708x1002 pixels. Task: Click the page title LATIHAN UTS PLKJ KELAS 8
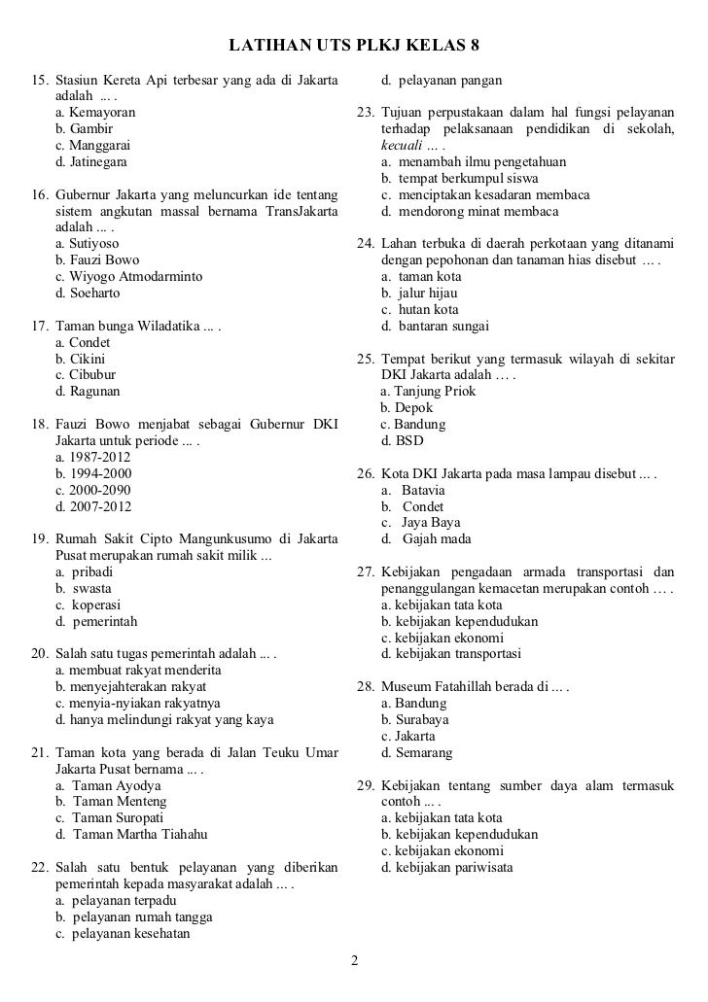point(354,46)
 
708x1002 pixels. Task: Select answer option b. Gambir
point(85,128)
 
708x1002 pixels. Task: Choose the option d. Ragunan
point(88,392)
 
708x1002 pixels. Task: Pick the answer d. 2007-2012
point(94,506)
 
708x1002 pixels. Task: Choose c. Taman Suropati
point(110,818)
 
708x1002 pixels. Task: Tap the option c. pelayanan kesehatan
point(123,934)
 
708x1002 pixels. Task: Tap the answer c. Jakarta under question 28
point(408,736)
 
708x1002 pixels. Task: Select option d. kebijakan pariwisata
point(447,867)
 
